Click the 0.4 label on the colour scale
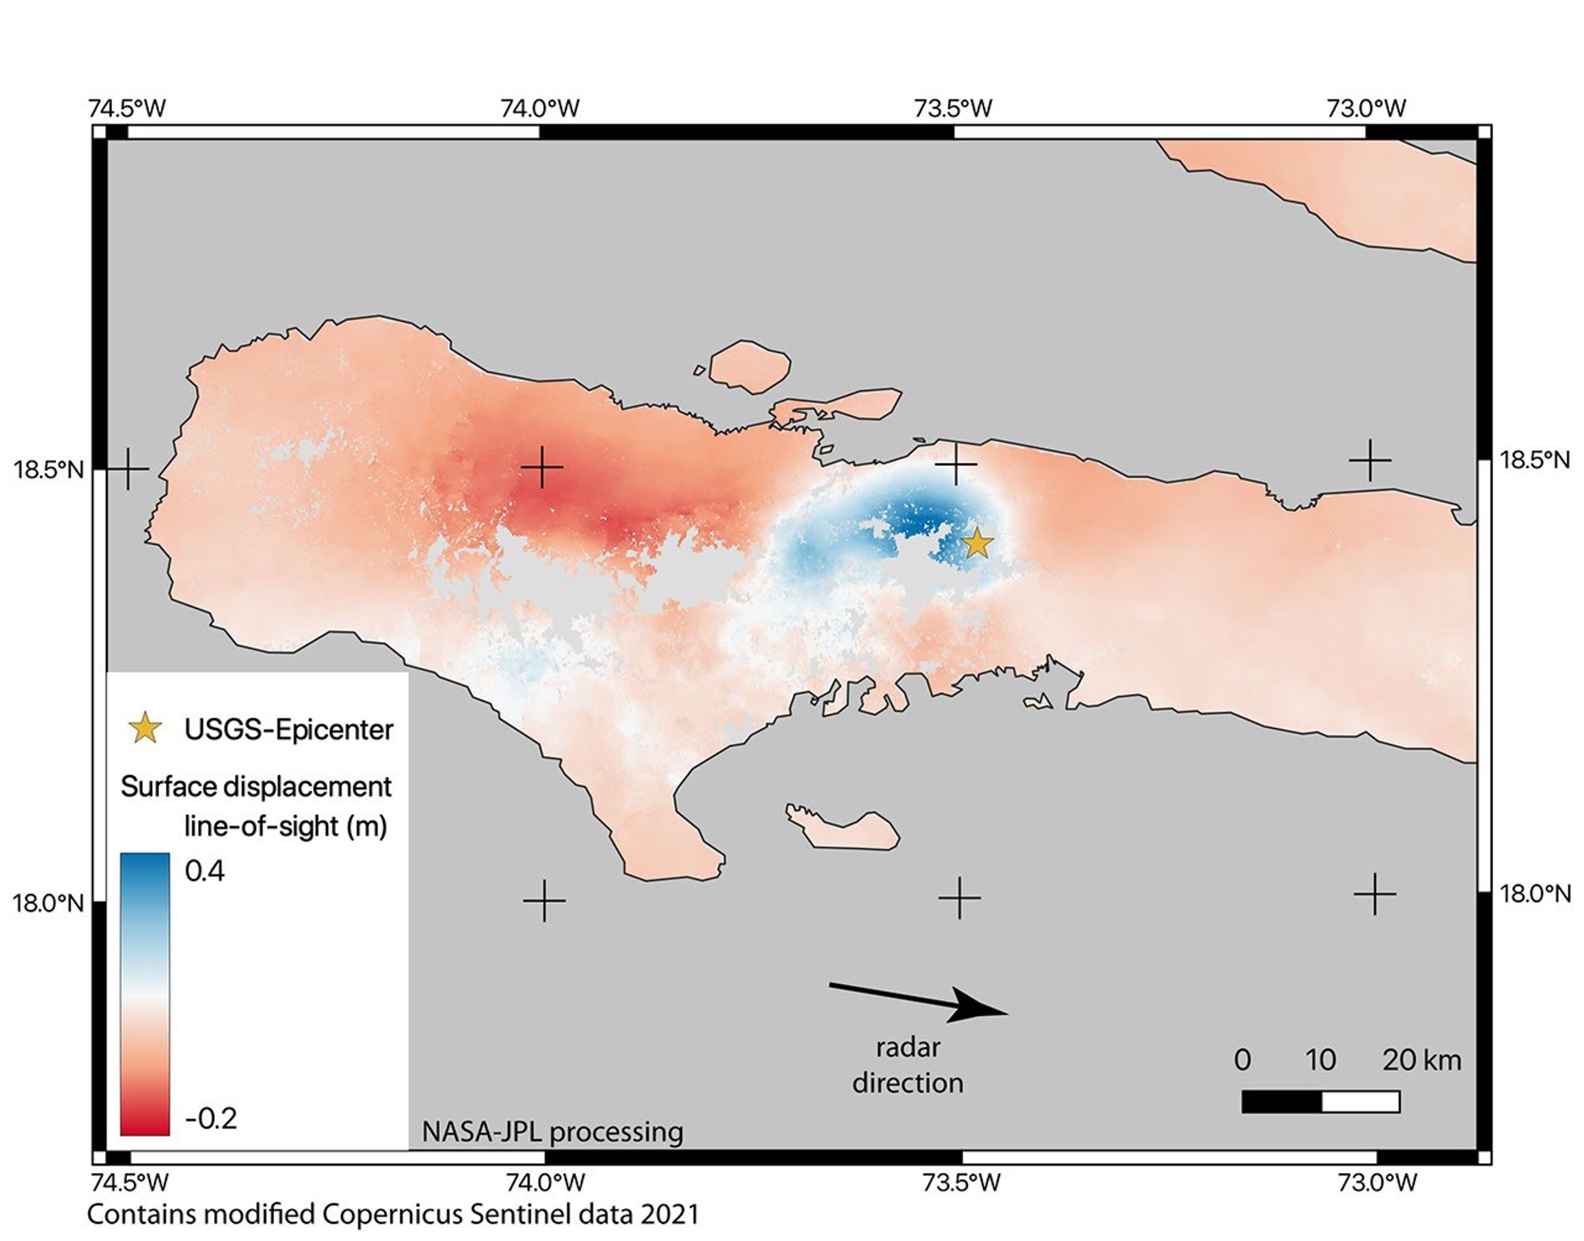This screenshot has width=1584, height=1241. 205,870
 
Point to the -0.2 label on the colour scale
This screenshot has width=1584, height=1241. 210,1118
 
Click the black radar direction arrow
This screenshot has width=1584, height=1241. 919,1001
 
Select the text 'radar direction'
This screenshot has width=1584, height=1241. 908,1065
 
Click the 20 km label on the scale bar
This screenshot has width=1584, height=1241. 1420,1060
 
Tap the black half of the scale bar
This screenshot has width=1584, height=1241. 1281,1101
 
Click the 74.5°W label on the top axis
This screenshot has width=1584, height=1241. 127,109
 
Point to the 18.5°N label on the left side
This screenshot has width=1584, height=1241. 49,469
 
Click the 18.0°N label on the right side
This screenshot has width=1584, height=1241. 1535,894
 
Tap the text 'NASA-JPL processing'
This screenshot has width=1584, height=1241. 552,1132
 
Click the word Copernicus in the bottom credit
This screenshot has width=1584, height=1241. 392,1214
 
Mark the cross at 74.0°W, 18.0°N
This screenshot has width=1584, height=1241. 544,901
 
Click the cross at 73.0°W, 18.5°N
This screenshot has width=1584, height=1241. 1369,460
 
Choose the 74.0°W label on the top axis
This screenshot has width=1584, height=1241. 540,109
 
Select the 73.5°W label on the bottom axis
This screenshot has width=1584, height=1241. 961,1183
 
